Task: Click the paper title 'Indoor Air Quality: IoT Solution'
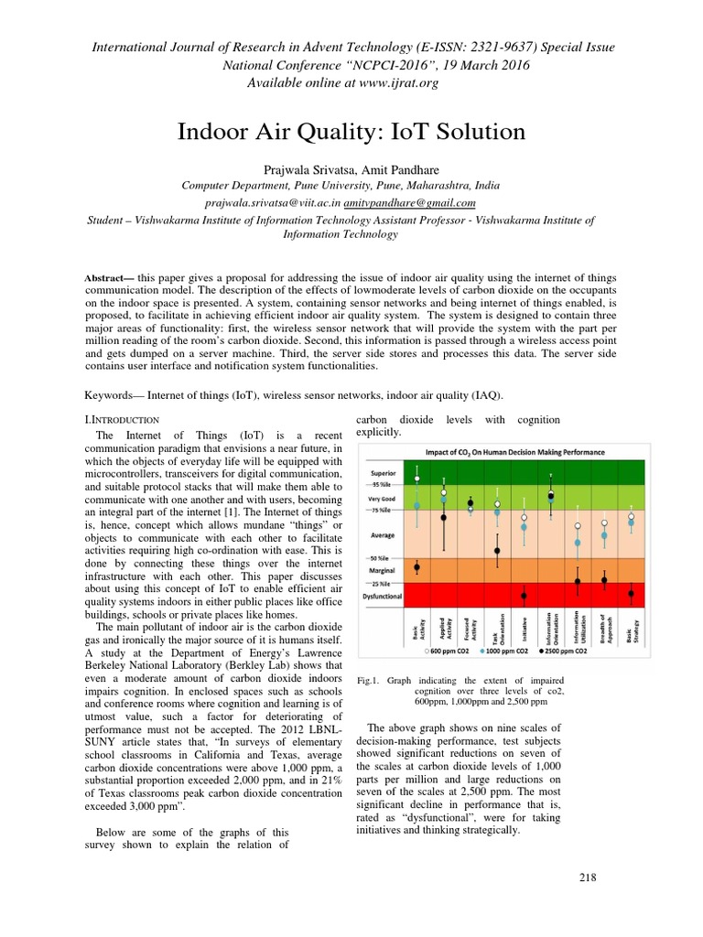point(351,133)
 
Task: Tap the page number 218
point(588,878)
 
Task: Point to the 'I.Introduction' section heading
point(121,418)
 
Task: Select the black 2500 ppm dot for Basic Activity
point(416,567)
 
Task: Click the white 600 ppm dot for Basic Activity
point(416,479)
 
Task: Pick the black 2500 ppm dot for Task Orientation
point(497,551)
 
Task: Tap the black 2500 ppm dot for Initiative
point(524,596)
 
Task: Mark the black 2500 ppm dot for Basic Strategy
point(631,594)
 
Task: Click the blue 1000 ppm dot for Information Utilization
point(578,543)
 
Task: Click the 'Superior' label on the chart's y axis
point(382,474)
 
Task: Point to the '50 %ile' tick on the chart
point(381,557)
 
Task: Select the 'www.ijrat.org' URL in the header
point(395,83)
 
